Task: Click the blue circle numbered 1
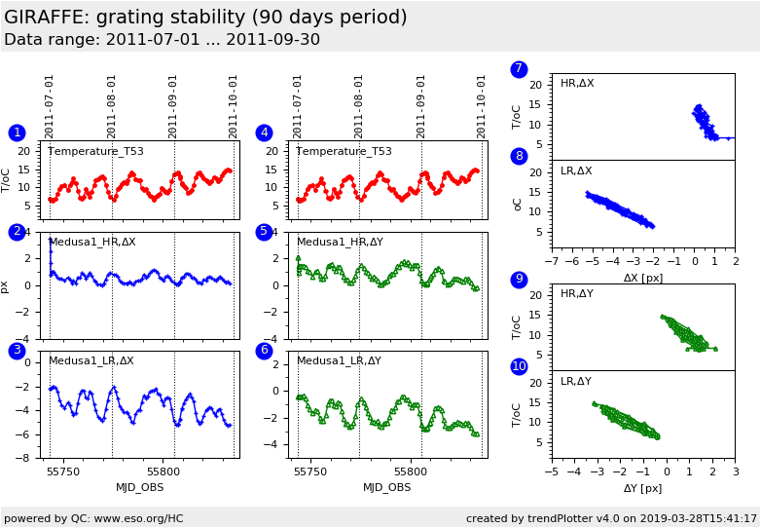pyautogui.click(x=17, y=132)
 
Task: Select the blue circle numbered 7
pyautogui.click(x=519, y=69)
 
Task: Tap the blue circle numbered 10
pyautogui.click(x=519, y=366)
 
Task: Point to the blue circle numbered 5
pyautogui.click(x=264, y=232)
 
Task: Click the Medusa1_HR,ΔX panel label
pyautogui.click(x=91, y=242)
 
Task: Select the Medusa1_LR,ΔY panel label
pyautogui.click(x=339, y=360)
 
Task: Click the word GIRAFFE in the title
pyautogui.click(x=45, y=18)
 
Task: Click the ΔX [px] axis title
pyautogui.click(x=643, y=278)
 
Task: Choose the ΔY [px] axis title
pyautogui.click(x=643, y=488)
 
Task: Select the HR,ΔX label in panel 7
pyautogui.click(x=577, y=84)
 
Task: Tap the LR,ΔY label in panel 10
pyautogui.click(x=576, y=382)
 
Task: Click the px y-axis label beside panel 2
pyautogui.click(x=6, y=286)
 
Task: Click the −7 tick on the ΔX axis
pyautogui.click(x=552, y=262)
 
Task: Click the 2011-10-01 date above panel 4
pyautogui.click(x=482, y=106)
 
